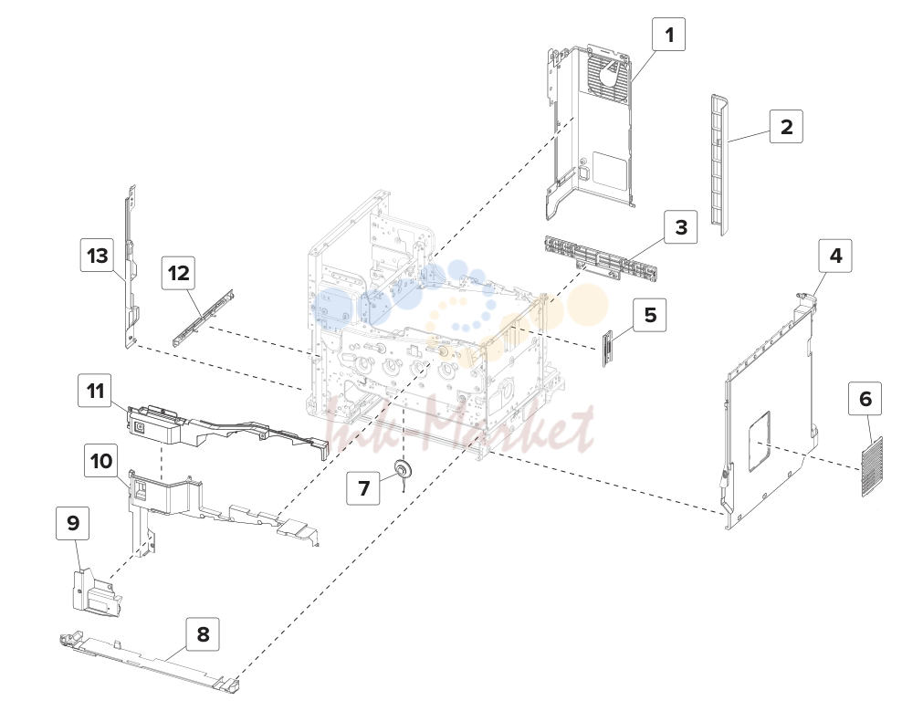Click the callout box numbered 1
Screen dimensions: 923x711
point(668,35)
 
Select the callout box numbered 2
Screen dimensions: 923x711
point(786,127)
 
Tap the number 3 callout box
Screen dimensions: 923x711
point(681,227)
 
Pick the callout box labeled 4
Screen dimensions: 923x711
point(836,256)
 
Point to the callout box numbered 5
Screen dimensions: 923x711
point(650,315)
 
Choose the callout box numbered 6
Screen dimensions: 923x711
point(865,399)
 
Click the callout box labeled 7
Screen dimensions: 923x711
point(363,488)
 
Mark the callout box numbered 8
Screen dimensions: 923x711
point(203,634)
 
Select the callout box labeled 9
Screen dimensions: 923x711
point(73,523)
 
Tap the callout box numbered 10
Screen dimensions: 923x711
point(100,460)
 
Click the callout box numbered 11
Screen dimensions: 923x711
point(95,391)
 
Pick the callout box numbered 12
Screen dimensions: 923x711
point(179,273)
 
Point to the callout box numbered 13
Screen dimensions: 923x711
point(97,255)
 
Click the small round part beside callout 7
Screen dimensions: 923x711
point(403,470)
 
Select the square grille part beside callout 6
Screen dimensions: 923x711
point(873,466)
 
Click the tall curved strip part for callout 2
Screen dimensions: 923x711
point(719,164)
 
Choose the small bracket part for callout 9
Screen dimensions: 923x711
point(97,592)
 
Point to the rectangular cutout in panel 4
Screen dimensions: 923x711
point(760,442)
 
